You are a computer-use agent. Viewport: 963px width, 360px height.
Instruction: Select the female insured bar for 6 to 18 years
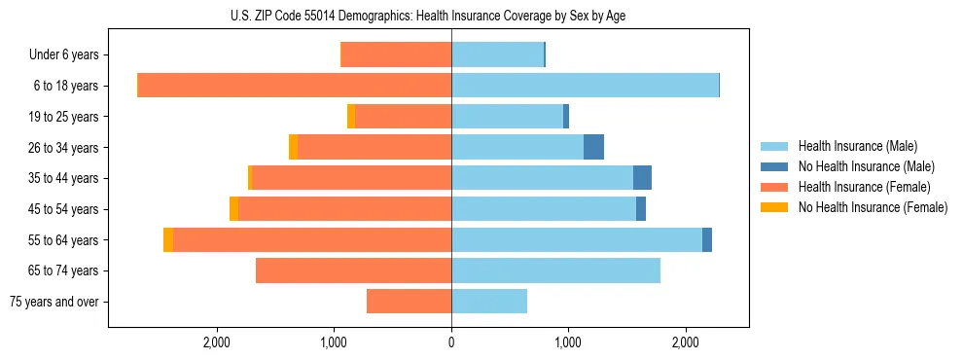pyautogui.click(x=294, y=86)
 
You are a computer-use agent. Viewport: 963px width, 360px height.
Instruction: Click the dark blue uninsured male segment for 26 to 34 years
pyautogui.click(x=593, y=147)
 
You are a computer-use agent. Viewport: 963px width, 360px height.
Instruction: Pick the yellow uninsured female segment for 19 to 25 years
pyautogui.click(x=351, y=117)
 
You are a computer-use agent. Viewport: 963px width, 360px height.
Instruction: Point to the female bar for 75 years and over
pyautogui.click(x=409, y=302)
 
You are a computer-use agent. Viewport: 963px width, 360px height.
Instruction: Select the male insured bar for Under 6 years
pyautogui.click(x=497, y=54)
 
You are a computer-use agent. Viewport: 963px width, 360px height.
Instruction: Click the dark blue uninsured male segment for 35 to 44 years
pyautogui.click(x=642, y=178)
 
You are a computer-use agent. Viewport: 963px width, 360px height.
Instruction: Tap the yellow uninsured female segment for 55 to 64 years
pyautogui.click(x=168, y=239)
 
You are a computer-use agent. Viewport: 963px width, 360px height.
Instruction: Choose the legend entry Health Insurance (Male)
pyautogui.click(x=857, y=146)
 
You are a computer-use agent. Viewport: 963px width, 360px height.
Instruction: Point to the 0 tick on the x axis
pyautogui.click(x=451, y=342)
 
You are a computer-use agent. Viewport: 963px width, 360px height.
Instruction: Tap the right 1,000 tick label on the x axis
pyautogui.click(x=568, y=342)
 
